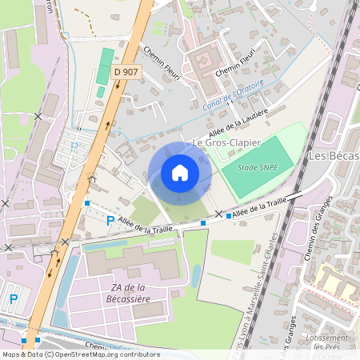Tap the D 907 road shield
126,72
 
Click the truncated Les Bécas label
334,155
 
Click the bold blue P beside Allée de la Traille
110,220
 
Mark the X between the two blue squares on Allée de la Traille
217,214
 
